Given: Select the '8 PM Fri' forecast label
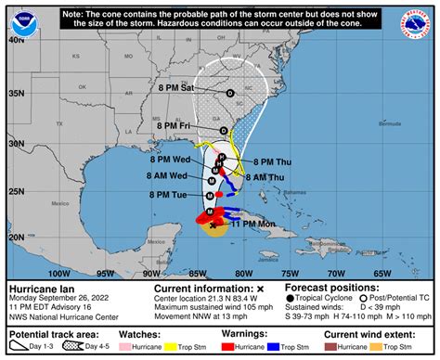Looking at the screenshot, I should coord(174,124).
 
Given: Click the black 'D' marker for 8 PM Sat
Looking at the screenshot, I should coord(230,92).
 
